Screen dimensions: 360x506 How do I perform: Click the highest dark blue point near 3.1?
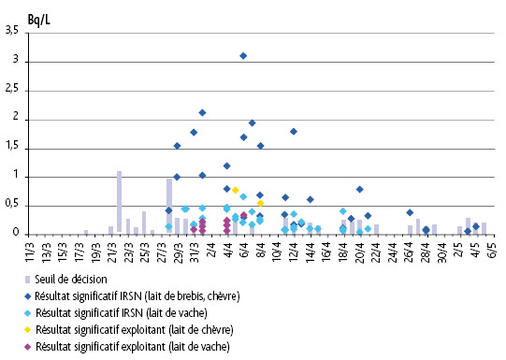tap(243, 56)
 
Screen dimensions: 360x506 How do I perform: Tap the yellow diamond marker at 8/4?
tap(260, 203)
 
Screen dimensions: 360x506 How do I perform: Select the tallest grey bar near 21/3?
tap(119, 202)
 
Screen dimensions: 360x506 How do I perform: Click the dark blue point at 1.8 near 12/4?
tap(293, 132)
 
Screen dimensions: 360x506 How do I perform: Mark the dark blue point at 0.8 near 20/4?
tap(359, 189)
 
